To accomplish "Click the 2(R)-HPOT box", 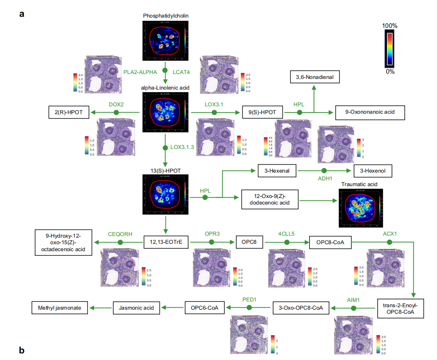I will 69,112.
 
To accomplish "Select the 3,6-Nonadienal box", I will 315,77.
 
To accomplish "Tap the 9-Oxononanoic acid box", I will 370,112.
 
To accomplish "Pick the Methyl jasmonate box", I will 60,308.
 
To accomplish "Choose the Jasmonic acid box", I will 137,308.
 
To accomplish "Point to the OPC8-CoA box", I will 330,242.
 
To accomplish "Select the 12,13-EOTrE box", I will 166,242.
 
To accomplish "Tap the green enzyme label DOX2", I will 116,104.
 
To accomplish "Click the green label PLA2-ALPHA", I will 140,72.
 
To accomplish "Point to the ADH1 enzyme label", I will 325,179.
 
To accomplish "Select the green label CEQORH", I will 120,234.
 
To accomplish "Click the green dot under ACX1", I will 389,242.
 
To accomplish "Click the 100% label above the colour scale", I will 390,26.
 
